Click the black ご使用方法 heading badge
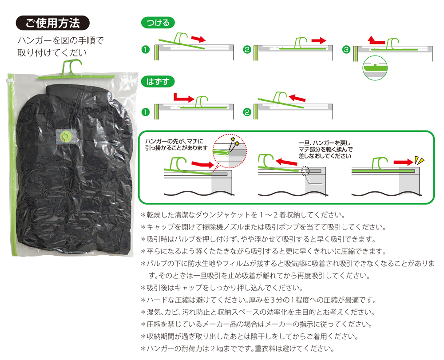[x=53, y=23]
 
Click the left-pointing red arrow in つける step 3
[x=376, y=40]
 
